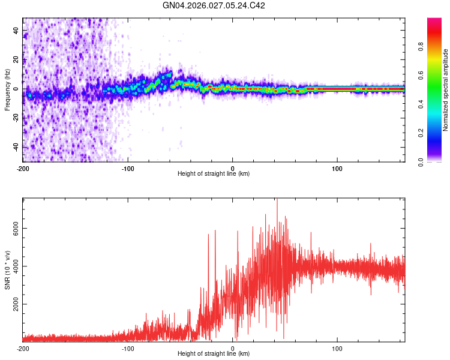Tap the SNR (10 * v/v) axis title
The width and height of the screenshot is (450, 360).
(x=7, y=270)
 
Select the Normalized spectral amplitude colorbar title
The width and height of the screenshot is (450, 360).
(x=445, y=90)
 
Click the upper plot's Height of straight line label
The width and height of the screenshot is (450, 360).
(x=214, y=174)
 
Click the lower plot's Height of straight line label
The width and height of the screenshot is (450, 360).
(x=214, y=354)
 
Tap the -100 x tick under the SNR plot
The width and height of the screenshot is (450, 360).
(x=128, y=349)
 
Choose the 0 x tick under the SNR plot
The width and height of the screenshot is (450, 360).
(x=233, y=349)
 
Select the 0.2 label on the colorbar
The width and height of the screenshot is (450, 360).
(x=421, y=133)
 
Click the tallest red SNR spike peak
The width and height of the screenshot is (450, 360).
(x=277, y=200)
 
